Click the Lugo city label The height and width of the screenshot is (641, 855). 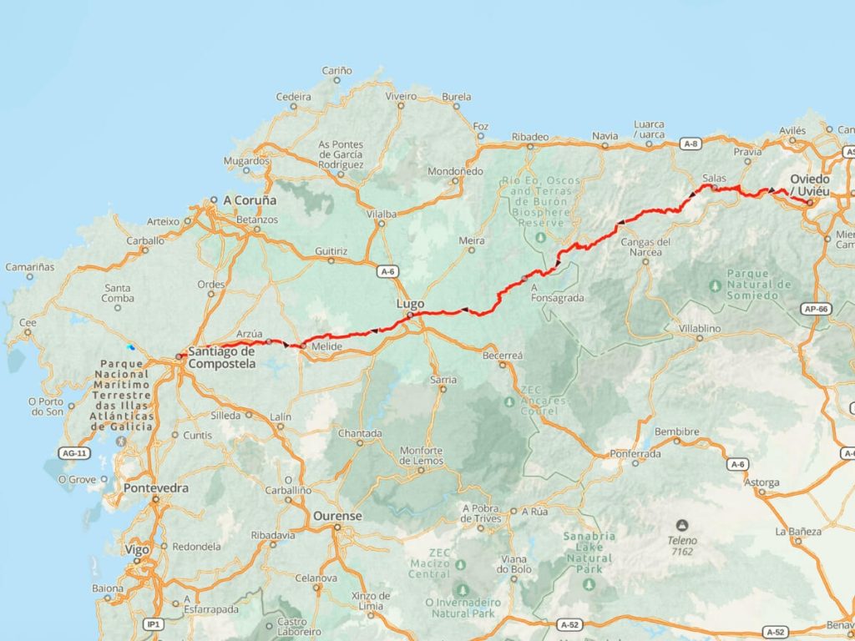411,304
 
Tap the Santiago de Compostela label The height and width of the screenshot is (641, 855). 222,357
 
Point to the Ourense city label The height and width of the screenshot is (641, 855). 337,517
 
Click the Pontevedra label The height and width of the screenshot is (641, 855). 155,487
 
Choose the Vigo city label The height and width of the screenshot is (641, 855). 138,550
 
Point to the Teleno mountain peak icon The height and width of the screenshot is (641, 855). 682,525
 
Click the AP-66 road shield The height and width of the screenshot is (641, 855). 817,308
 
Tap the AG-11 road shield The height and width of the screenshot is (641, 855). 73,453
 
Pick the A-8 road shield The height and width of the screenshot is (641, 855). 691,144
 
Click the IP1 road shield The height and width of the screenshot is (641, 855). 152,623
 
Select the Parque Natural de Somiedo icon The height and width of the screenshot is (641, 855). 715,285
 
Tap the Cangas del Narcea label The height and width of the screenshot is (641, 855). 647,247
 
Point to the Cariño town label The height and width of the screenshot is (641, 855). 337,71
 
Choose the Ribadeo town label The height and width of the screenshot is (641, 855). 530,136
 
